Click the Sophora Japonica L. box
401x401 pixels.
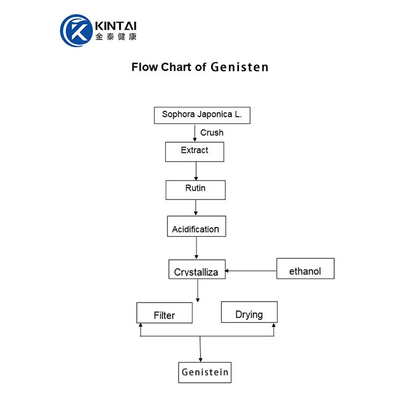202,115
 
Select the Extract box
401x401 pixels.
194,151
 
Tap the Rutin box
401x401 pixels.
195,190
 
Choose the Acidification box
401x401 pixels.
196,226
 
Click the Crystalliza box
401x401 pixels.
196,269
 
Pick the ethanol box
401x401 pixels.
305,268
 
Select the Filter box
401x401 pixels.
164,312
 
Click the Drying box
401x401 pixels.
249,312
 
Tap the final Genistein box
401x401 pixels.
205,372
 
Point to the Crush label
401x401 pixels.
212,133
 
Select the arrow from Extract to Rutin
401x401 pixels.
196,171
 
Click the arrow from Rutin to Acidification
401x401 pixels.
196,207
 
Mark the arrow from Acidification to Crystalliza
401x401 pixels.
196,248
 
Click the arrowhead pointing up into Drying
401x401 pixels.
274,326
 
